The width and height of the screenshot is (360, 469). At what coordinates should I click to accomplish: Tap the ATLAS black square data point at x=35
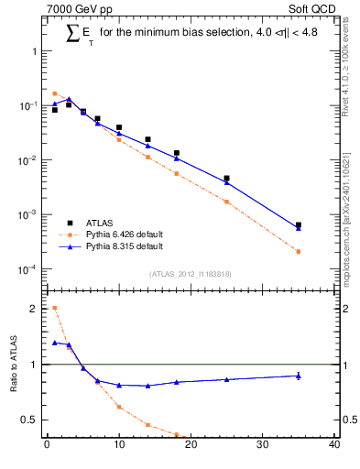tap(299, 224)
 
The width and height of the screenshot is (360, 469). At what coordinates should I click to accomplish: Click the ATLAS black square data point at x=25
tap(226, 179)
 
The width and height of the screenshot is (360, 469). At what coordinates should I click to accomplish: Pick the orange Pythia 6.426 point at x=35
tap(299, 251)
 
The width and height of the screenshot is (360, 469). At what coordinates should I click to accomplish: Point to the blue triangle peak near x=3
tap(69, 99)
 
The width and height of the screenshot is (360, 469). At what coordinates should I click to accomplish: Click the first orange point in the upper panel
tap(54, 93)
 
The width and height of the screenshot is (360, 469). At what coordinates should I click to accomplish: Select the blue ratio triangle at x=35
tap(299, 376)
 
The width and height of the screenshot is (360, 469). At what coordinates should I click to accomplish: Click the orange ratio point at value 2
tap(54, 308)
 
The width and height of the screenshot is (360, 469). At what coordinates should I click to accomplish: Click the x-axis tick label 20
tap(191, 446)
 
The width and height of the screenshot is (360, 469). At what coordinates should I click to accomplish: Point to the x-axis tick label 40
tap(334, 446)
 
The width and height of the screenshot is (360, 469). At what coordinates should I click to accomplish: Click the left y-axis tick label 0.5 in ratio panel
tap(31, 420)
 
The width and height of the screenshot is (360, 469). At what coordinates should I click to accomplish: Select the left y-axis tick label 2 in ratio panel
tap(35, 308)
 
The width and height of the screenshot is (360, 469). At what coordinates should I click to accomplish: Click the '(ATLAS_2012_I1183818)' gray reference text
tap(190, 274)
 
